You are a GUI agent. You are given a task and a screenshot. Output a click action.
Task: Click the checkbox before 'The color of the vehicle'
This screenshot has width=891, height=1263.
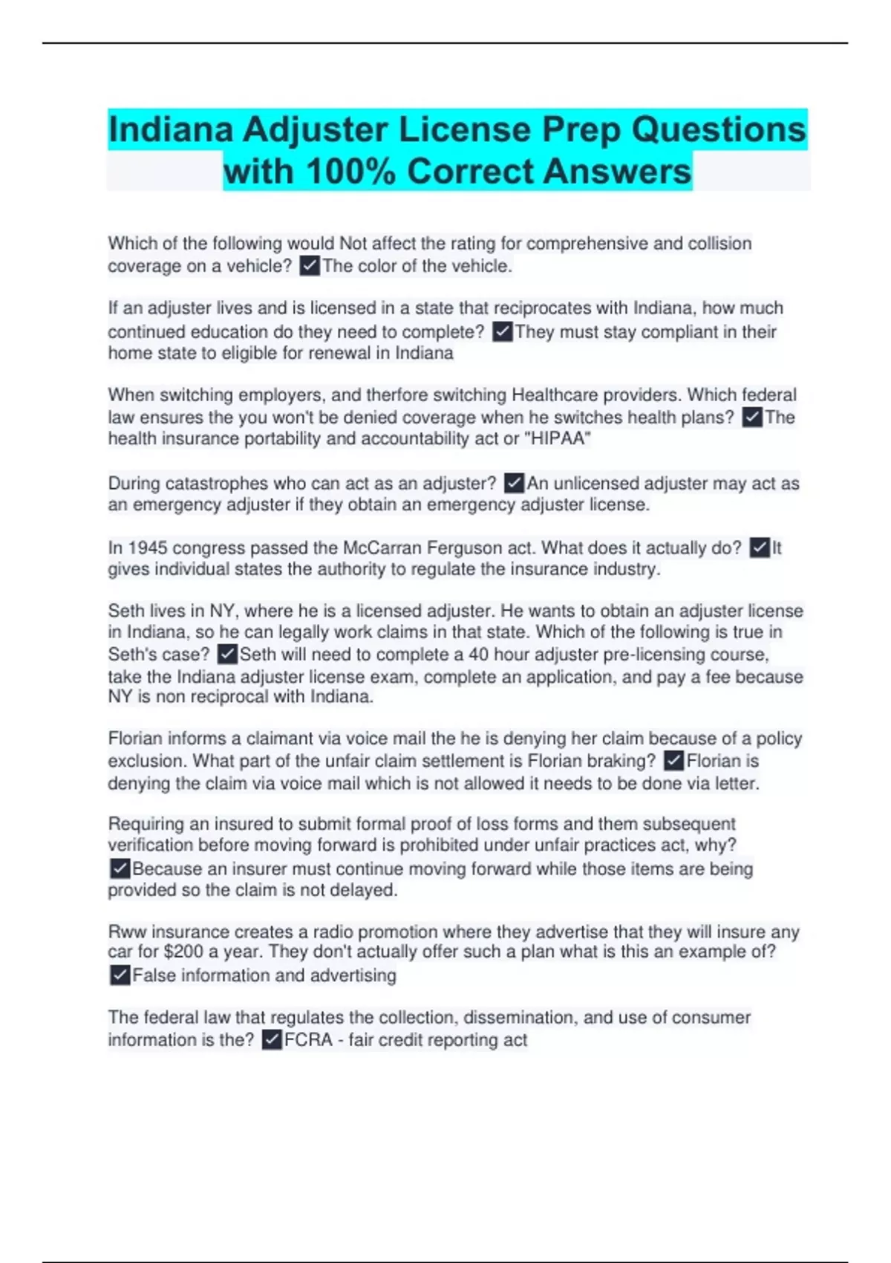coord(310,266)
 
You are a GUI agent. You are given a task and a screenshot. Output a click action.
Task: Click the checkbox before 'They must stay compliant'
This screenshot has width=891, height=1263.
coord(503,331)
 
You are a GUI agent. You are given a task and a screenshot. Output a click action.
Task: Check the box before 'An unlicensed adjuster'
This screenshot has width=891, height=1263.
coord(514,484)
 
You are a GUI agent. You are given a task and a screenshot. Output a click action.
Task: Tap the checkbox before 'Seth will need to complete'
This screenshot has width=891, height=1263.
coord(227,655)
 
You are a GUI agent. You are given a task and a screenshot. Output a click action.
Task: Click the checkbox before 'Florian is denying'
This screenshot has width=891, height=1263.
coord(673,761)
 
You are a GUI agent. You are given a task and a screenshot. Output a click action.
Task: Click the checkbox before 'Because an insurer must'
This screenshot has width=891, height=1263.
coord(120,868)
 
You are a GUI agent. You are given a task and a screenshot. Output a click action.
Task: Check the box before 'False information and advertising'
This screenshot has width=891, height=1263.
coord(120,975)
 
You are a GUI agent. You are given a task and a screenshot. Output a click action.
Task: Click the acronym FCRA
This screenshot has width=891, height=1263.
coord(308,1040)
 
